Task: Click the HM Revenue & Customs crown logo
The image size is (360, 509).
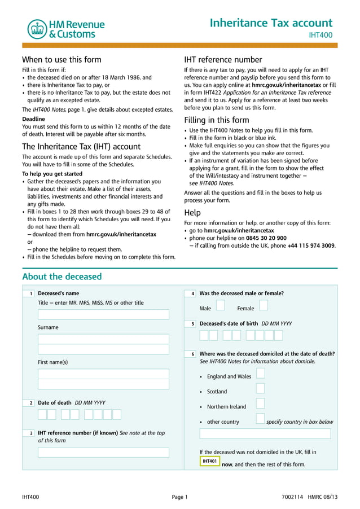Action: (37, 29)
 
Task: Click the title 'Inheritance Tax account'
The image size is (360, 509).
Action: (271, 23)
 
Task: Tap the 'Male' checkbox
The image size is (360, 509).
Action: (221, 305)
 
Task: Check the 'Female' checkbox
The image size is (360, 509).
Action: (264, 305)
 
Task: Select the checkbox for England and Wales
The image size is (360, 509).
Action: (260, 373)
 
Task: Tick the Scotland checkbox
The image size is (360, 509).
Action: (260, 388)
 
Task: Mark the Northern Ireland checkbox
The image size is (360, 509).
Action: (260, 403)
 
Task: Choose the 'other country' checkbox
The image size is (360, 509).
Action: (260, 419)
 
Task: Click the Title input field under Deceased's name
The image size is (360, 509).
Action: (103, 315)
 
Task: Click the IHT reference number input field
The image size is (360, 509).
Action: (103, 452)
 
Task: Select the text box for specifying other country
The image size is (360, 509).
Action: (265, 434)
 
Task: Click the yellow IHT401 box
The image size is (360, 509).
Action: (209, 462)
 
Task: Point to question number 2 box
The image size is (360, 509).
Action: (31, 403)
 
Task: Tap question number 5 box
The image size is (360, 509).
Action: (192, 324)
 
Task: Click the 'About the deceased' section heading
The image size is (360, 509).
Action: (62, 277)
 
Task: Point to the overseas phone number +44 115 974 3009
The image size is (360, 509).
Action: (311, 245)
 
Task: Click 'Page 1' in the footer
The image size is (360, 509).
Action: (179, 497)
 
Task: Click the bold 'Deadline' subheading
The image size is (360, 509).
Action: (33, 119)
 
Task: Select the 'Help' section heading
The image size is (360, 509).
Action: (192, 213)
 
